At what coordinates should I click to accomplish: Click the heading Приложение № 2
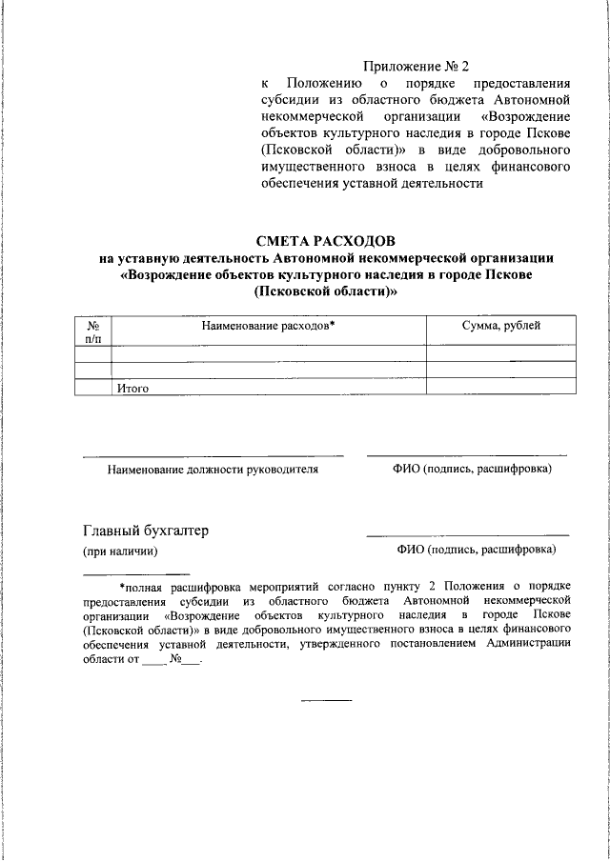coord(417,67)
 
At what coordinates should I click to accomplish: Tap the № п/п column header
coord(93,331)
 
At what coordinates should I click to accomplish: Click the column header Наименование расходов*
coord(268,326)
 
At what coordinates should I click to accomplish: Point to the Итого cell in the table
coord(132,389)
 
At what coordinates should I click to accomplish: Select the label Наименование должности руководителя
coord(213,470)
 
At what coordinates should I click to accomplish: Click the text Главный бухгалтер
coord(146,531)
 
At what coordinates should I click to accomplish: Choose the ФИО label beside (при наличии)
coord(476,551)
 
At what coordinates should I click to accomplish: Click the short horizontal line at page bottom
coord(327,701)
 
